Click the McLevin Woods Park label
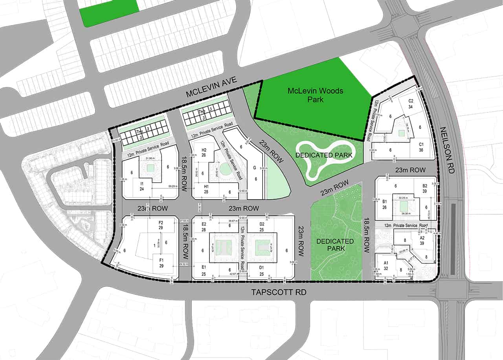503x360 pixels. tap(316, 95)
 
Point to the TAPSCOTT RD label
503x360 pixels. tap(279, 293)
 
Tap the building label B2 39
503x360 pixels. tap(424, 188)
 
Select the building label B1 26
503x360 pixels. tap(385, 204)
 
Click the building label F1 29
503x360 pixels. tap(160, 263)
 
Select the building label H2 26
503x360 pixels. tap(204, 152)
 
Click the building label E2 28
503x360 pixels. tap(204, 227)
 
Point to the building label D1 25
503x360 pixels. tap(262, 271)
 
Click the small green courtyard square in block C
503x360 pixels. tap(400, 133)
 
